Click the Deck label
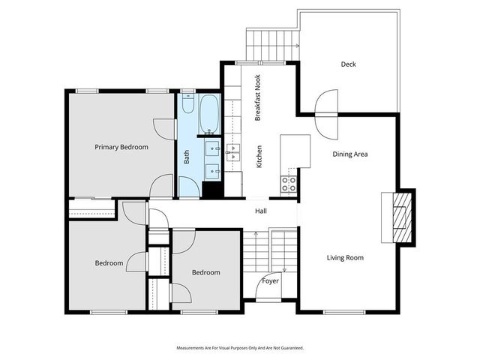[348, 64]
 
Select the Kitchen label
[259, 156]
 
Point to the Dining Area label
[350, 154]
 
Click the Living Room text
[345, 258]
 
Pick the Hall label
[260, 211]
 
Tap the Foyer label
[271, 281]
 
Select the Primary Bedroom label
[121, 147]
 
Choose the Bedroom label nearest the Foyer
[205, 272]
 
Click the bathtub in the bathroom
[208, 113]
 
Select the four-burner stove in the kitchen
[289, 184]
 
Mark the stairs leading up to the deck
[271, 37]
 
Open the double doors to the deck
[328, 113]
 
